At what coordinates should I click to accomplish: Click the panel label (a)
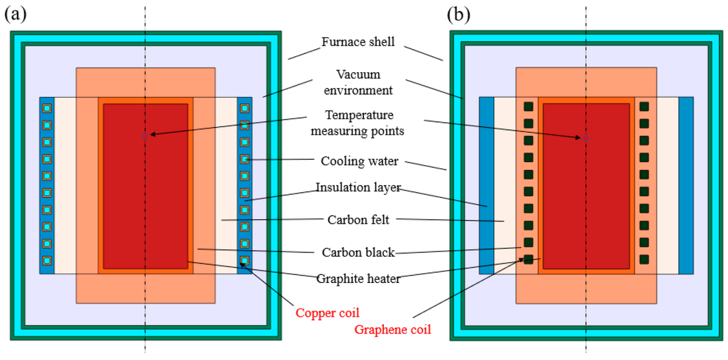(16, 14)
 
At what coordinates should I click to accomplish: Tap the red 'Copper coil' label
(328, 313)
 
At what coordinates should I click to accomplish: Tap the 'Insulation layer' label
(359, 187)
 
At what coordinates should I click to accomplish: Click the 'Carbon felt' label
(358, 220)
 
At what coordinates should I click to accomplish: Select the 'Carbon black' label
(359, 252)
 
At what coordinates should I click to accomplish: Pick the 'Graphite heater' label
(359, 279)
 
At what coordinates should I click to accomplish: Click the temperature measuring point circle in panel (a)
(144, 136)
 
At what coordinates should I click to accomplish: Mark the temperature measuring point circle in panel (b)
(585, 138)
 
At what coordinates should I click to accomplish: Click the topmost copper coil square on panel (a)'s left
(47, 108)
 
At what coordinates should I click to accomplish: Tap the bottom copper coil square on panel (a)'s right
(244, 261)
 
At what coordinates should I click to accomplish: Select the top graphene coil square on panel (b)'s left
(528, 107)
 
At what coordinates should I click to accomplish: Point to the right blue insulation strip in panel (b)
(686, 185)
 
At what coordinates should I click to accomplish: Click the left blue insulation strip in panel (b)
(486, 185)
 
